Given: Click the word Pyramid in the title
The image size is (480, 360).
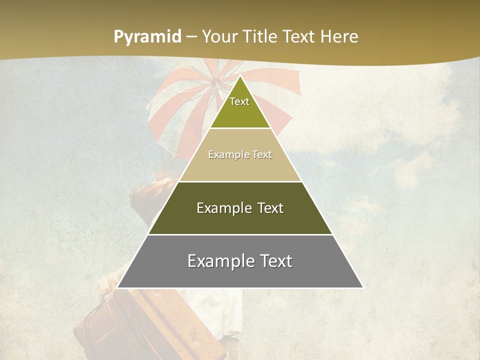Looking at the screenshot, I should tap(147, 37).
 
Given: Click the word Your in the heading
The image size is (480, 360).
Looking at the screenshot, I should tap(218, 37).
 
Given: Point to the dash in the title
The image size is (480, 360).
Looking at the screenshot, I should tap(191, 37).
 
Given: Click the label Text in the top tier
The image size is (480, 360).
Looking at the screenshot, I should tap(239, 101).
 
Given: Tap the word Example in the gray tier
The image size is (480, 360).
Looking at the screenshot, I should tap(218, 261).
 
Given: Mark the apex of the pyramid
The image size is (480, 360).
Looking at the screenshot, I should tap(240, 76).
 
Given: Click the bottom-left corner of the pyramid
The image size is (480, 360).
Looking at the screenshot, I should tap(117, 287).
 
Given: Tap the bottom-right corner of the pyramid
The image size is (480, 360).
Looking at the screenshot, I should tap(362, 287).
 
